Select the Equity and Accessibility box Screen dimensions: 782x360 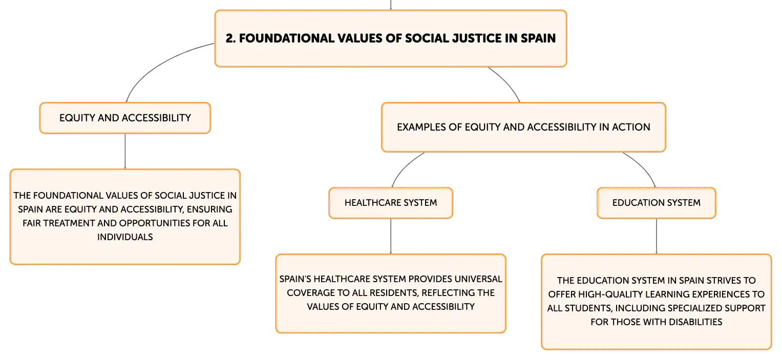coord(125,118)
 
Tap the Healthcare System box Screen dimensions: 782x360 coord(391,203)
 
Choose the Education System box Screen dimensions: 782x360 coord(657,203)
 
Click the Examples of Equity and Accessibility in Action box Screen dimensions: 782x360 coord(523,127)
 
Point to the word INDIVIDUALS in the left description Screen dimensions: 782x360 coord(125,237)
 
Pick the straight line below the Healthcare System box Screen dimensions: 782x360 coord(391,237)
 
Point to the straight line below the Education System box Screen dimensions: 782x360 coord(657,237)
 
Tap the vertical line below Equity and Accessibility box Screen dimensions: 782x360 coord(125,151)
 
